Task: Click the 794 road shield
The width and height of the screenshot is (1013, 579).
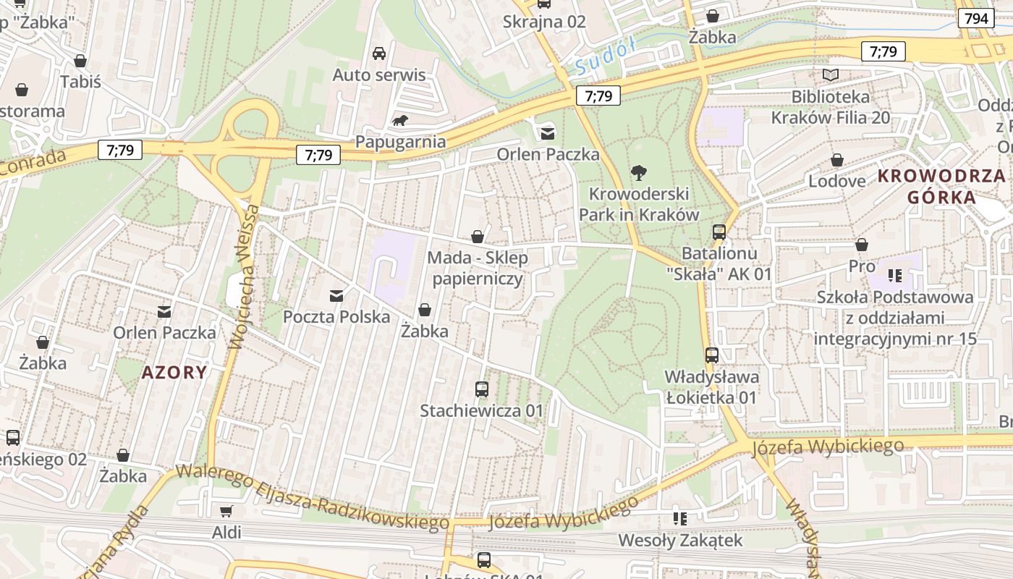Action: coord(975,18)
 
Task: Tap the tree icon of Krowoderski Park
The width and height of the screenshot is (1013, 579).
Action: coord(638,172)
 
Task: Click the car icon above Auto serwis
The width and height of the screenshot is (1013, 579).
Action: coord(378,54)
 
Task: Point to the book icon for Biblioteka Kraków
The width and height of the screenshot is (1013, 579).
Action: coord(831,75)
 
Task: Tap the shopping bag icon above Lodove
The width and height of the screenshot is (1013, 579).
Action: coord(836,160)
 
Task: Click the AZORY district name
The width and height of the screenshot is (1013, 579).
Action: coord(174,373)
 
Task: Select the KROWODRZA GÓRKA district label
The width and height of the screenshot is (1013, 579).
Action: coord(941,186)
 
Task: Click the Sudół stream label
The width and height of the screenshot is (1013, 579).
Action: coord(605,56)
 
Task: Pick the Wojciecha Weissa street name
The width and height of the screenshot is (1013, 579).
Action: coord(243,277)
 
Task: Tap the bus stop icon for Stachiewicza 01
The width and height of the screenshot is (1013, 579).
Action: coord(482,389)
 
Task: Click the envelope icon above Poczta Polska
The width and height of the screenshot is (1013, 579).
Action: coord(336,295)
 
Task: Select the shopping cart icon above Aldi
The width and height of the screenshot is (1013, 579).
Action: coord(226,511)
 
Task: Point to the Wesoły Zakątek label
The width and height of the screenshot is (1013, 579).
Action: coord(680,540)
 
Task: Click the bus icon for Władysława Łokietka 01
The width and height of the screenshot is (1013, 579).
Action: coord(712,355)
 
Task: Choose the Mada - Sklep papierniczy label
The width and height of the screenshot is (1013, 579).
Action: coord(478,268)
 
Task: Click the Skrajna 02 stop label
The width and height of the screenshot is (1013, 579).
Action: coord(544,22)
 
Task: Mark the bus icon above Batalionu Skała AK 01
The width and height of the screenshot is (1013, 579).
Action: coord(719,232)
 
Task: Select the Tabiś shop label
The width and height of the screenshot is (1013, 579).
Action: coord(80,82)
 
